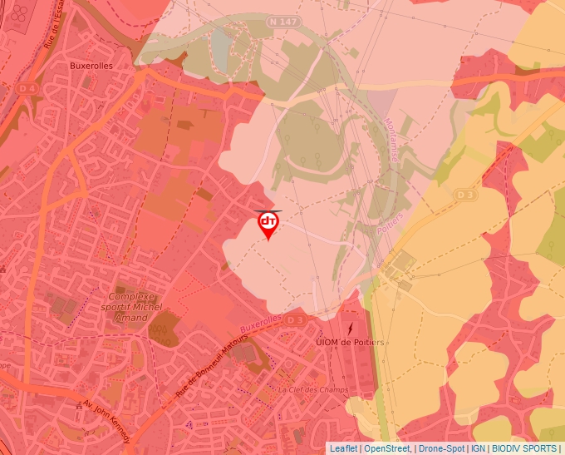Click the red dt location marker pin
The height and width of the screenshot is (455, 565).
coord(268,223)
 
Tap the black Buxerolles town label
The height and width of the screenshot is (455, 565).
coord(91,65)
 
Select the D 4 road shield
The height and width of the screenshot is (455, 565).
coord(27,87)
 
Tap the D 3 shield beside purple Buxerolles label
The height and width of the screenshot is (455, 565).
coord(295,319)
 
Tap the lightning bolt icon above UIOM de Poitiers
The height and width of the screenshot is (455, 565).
coord(349,327)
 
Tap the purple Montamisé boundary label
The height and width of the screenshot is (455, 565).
coord(391,138)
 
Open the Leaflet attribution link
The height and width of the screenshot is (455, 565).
coord(343,448)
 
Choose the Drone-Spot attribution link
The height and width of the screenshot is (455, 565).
coord(441,448)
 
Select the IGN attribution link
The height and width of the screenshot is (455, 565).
coord(478,448)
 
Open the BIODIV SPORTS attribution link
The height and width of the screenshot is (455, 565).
coord(524,448)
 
